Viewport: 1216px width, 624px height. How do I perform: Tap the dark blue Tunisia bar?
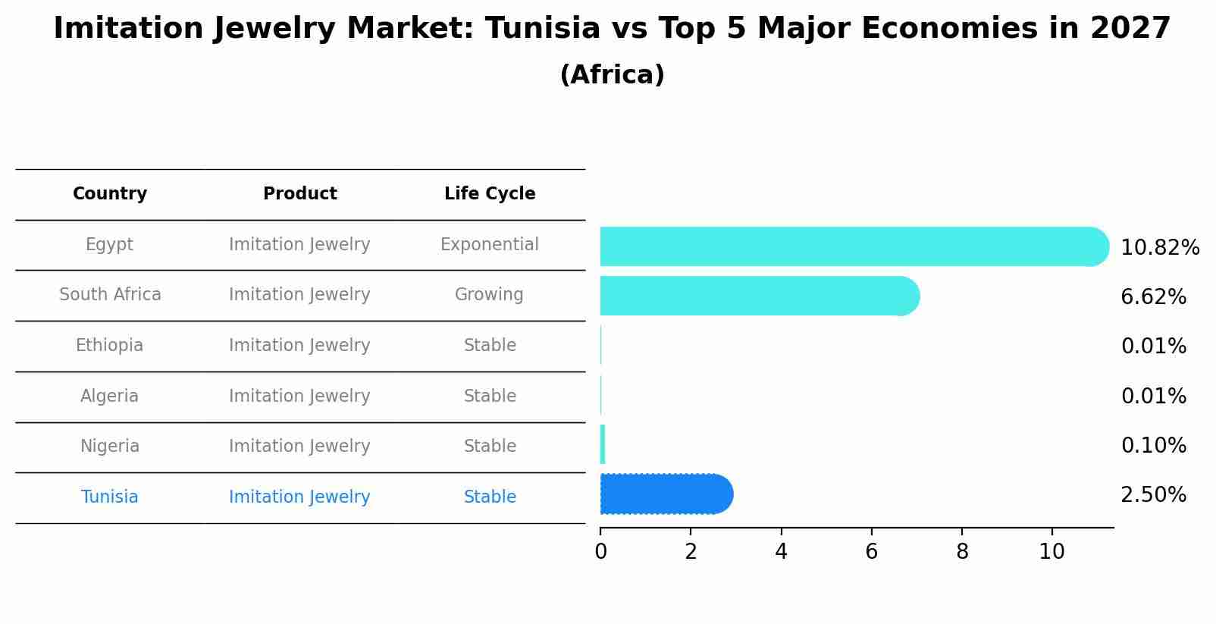click(666, 494)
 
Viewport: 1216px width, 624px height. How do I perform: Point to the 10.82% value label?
click(1159, 248)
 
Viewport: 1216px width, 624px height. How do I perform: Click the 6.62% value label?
click(1153, 297)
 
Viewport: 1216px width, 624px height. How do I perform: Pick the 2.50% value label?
click(1153, 495)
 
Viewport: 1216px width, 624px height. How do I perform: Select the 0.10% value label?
click(1153, 446)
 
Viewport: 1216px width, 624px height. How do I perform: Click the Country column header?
click(110, 194)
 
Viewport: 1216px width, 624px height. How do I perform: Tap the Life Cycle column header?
click(490, 194)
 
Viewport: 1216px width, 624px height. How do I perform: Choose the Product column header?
click(299, 194)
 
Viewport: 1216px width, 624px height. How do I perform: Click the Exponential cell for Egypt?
click(490, 245)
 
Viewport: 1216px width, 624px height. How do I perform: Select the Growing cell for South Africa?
click(489, 295)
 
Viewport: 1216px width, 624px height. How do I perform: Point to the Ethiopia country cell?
click(109, 346)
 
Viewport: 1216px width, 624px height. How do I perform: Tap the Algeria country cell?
click(109, 397)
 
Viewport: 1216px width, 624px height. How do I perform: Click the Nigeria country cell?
click(109, 447)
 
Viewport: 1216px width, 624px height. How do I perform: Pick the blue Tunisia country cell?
click(109, 497)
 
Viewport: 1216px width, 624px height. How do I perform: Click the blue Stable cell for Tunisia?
click(490, 497)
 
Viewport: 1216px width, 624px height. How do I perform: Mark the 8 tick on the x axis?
click(962, 552)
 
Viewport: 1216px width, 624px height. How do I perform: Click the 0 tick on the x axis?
click(600, 552)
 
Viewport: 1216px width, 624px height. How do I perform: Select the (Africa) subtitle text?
click(612, 75)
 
